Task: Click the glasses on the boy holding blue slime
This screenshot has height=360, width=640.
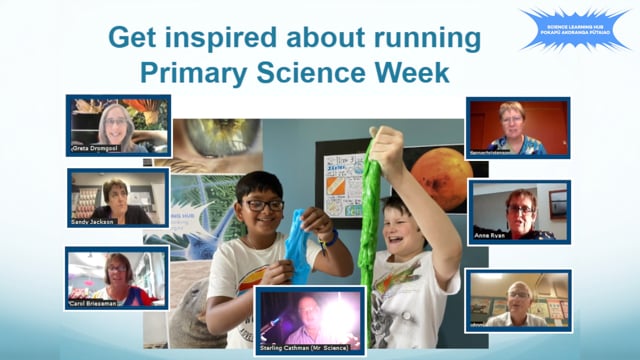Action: (265, 204)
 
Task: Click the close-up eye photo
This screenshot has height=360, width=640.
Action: (210, 140)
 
